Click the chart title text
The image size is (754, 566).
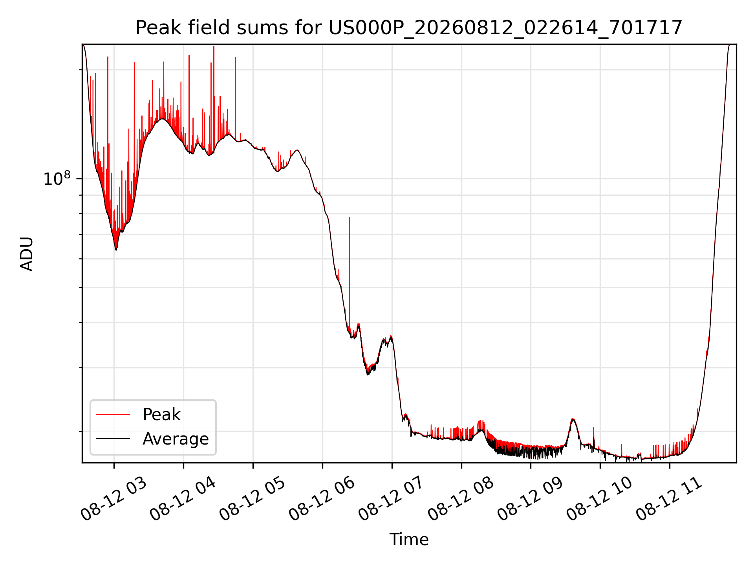[x=409, y=28]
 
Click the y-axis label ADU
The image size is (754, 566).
[x=27, y=254]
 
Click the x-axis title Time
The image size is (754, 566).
[x=409, y=539]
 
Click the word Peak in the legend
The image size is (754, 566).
[x=161, y=415]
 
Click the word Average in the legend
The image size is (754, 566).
[x=176, y=439]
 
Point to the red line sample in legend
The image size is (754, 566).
[x=113, y=414]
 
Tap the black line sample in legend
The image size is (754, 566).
[x=113, y=439]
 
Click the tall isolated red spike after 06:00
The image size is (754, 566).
[x=350, y=275]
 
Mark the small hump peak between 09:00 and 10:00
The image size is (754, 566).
[x=573, y=419]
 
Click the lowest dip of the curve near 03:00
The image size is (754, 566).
[x=116, y=249]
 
